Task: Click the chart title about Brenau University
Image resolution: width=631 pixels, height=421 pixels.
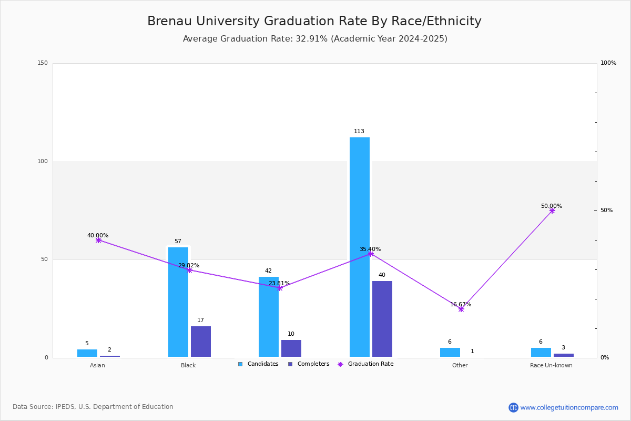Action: [x=314, y=21]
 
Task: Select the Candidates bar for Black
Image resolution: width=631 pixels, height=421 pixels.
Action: [x=178, y=302]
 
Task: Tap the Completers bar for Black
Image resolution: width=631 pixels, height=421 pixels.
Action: [x=200, y=342]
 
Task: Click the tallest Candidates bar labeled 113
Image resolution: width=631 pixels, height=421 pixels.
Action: [x=359, y=247]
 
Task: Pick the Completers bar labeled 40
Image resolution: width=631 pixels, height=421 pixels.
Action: [x=382, y=319]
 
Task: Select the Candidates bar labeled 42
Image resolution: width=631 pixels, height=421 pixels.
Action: [x=268, y=317]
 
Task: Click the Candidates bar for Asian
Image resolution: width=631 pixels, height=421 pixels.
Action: [x=87, y=353]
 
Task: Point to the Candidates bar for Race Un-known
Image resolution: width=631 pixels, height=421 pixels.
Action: [x=541, y=353]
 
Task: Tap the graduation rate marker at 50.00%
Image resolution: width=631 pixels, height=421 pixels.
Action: [x=552, y=210]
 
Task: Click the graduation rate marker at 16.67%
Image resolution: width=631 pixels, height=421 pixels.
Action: [x=461, y=309]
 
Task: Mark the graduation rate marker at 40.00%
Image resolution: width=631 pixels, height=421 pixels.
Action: [x=98, y=240]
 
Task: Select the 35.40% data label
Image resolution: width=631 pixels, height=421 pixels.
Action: [x=370, y=249]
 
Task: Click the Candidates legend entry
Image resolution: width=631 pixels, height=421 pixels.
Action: [x=258, y=364]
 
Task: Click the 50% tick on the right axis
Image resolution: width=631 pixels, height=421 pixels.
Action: [x=606, y=210]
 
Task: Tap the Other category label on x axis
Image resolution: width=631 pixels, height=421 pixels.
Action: [x=460, y=365]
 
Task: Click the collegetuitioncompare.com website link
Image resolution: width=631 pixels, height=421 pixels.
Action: [x=569, y=407]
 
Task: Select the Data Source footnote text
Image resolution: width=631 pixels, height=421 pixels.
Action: [x=93, y=407]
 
